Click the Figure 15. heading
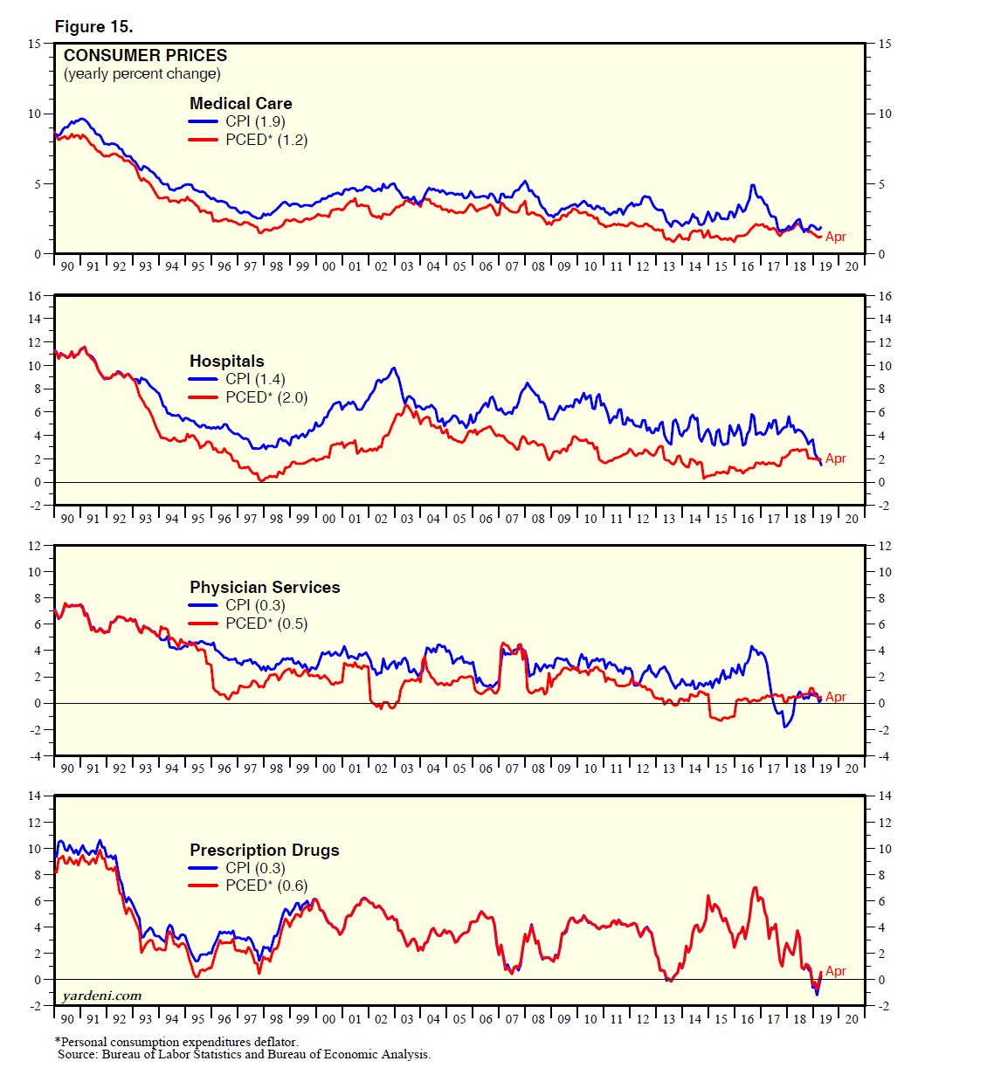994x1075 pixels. [93, 26]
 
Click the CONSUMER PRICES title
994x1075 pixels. [145, 55]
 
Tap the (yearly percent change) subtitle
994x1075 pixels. [142, 73]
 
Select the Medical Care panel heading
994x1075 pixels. [240, 103]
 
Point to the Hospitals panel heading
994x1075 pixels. [226, 361]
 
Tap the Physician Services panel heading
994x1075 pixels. [265, 587]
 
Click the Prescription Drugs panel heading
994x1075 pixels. [264, 850]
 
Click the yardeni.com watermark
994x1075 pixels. [102, 996]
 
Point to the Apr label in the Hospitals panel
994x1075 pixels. [836, 458]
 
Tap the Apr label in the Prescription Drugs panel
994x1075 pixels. [836, 971]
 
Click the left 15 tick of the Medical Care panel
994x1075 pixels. [34, 44]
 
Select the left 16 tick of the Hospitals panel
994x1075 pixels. [34, 296]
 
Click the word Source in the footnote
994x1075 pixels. [76, 1054]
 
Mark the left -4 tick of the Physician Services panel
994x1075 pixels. [35, 756]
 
